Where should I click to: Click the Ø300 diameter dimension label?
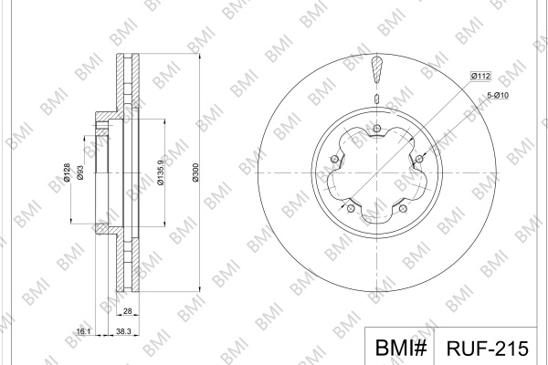(x=195, y=172)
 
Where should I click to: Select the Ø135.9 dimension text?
(x=161, y=172)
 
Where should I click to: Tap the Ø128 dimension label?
(x=67, y=172)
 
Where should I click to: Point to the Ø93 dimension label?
(x=80, y=172)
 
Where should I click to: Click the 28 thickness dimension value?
(x=128, y=310)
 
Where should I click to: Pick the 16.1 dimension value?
(x=83, y=331)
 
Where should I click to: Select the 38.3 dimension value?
(x=123, y=331)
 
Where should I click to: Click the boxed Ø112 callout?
(x=480, y=76)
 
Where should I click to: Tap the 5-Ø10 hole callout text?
(x=498, y=95)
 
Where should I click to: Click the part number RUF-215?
(x=488, y=349)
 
